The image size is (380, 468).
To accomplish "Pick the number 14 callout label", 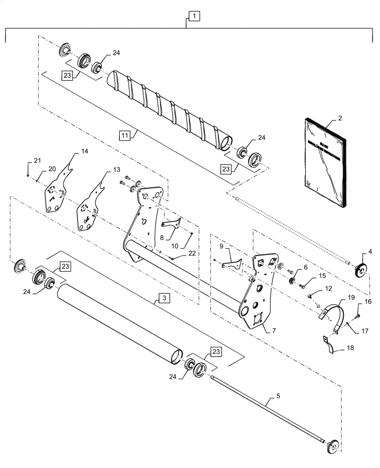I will click(x=84, y=152).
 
